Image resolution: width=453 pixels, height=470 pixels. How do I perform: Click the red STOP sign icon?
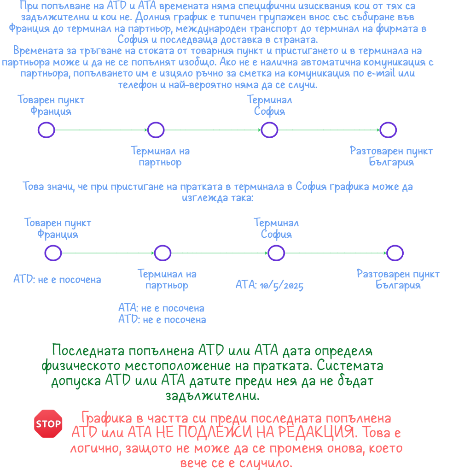tap(48, 423)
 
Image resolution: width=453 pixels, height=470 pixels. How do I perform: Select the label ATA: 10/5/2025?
tap(269, 286)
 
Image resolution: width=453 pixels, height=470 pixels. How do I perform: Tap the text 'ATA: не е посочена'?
tap(161, 308)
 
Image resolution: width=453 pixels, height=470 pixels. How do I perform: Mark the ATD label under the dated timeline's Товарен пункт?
tap(57, 280)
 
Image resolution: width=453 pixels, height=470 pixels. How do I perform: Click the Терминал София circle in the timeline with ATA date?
tap(276, 253)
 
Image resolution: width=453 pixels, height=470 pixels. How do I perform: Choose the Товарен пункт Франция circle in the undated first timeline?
tap(46, 130)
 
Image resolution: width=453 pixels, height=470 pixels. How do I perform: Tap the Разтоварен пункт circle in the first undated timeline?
tap(388, 130)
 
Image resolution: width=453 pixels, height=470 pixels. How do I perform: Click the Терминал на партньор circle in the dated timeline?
tap(163, 253)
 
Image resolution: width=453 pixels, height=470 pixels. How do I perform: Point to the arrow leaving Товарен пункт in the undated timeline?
tap(101, 130)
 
